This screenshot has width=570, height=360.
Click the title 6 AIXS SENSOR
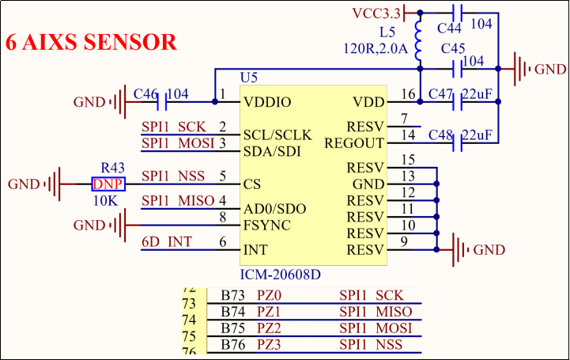(x=91, y=43)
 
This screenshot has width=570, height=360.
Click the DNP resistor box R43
(x=108, y=184)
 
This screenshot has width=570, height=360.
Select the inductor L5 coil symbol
(x=419, y=39)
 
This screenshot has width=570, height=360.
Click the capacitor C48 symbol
(x=456, y=143)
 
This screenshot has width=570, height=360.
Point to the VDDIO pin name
(x=268, y=102)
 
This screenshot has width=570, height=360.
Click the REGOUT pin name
(x=353, y=143)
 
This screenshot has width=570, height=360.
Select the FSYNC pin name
(x=267, y=225)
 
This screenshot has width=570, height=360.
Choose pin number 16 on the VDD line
(x=408, y=95)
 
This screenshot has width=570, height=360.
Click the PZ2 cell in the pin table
(x=270, y=328)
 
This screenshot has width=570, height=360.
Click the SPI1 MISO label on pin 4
(x=178, y=201)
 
